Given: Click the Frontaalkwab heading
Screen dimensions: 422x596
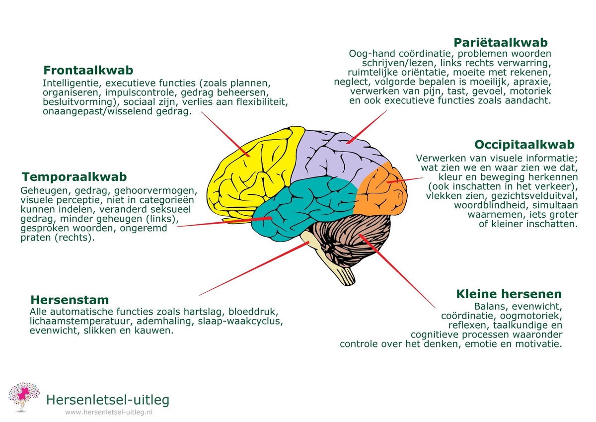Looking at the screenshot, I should click(88, 70).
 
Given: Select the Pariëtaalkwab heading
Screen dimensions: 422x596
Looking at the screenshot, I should click(501, 42).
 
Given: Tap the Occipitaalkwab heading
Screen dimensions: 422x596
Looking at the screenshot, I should click(524, 145).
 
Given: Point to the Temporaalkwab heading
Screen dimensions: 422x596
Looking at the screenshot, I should click(74, 177).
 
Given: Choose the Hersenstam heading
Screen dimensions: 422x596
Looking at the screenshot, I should click(70, 300).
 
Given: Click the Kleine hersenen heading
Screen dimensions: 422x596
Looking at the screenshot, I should click(509, 294).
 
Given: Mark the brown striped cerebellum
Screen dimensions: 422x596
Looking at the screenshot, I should click(348, 239).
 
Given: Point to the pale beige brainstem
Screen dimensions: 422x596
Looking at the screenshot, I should click(338, 266).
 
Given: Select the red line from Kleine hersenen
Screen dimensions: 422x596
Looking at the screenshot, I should click(397, 271).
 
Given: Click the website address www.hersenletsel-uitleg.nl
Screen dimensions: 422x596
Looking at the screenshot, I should click(109, 412).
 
